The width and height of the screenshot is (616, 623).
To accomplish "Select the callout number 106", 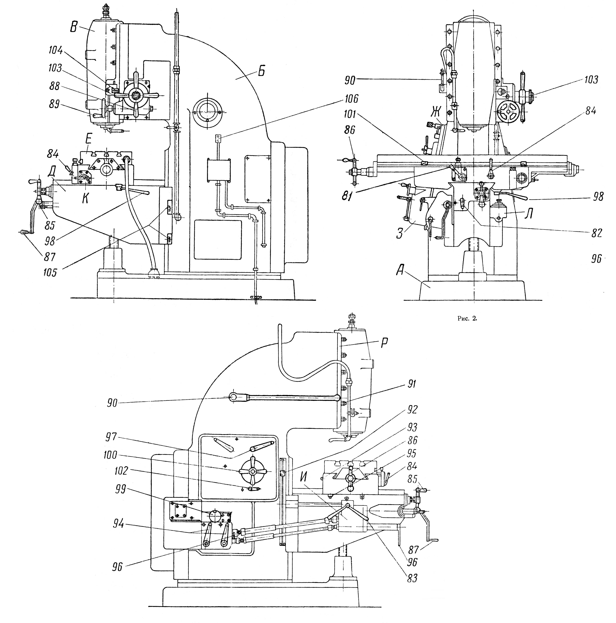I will pyautogui.click(x=351, y=99).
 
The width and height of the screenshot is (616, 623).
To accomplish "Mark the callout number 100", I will pyautogui.click(x=110, y=455).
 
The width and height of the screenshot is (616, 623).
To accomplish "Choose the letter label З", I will pyautogui.click(x=400, y=233).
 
